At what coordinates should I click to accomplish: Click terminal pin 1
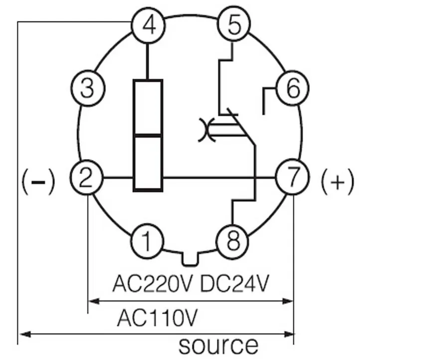(x=147, y=241)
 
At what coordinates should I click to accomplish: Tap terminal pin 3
(x=87, y=88)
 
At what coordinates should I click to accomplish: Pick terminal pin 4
(x=148, y=25)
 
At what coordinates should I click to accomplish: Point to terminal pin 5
(x=234, y=24)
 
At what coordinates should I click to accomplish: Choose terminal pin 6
(x=292, y=88)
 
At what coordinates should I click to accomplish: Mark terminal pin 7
(x=292, y=177)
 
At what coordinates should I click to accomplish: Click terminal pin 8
(x=232, y=241)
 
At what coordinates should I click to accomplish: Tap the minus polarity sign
(x=38, y=181)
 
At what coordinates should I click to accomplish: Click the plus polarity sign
(x=338, y=181)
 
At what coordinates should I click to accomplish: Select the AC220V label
(x=152, y=283)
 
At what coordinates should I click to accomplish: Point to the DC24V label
(x=234, y=283)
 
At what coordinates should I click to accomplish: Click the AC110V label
(x=157, y=318)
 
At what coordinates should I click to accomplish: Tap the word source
(x=218, y=345)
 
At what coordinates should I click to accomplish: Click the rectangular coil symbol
(x=148, y=136)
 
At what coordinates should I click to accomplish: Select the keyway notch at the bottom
(x=190, y=259)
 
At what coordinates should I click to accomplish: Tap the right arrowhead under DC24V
(x=288, y=301)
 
